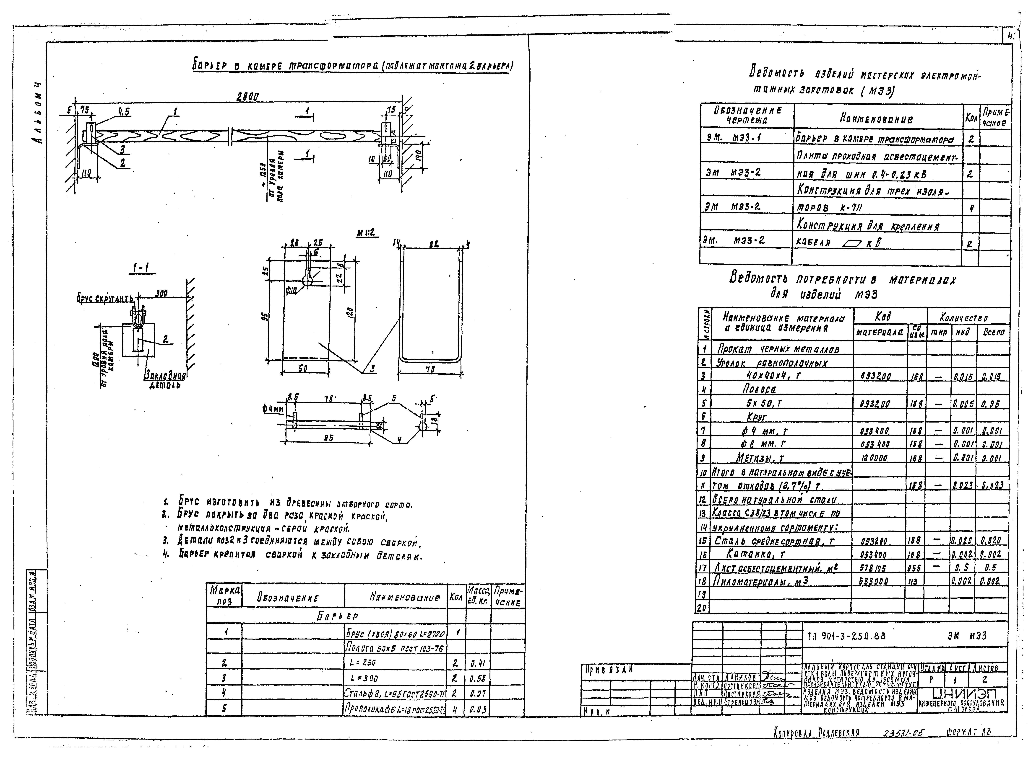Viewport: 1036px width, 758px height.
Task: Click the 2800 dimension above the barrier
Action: click(247, 97)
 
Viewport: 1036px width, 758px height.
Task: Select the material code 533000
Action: click(873, 581)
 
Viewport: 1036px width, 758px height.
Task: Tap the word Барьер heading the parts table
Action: click(337, 616)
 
